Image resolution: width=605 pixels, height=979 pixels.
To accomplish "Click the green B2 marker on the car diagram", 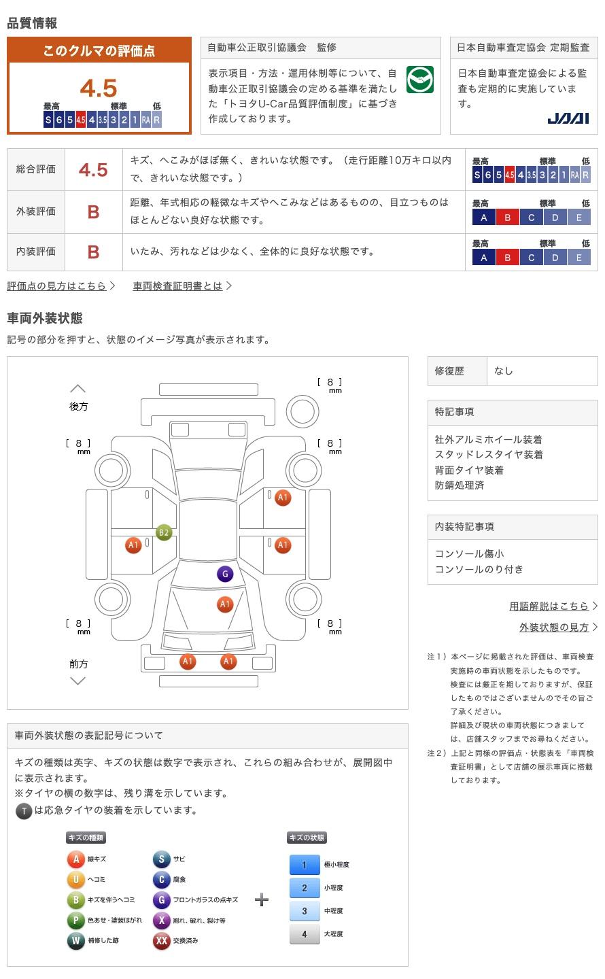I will pyautogui.click(x=163, y=532).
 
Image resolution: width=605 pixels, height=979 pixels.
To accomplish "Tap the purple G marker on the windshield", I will pyautogui.click(x=225, y=574).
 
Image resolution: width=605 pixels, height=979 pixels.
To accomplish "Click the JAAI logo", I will pyautogui.click(x=568, y=118).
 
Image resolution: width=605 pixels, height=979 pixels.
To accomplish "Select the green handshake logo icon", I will pyautogui.click(x=419, y=80).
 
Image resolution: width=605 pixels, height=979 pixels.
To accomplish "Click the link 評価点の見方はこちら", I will pyautogui.click(x=57, y=286).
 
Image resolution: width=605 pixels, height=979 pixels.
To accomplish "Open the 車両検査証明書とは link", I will pyautogui.click(x=178, y=286).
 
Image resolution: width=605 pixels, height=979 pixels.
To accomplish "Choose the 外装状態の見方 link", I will pyautogui.click(x=554, y=627).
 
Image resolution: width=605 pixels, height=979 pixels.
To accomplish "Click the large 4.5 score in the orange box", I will pyautogui.click(x=99, y=88).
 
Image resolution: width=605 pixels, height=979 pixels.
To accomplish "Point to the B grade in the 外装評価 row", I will pyautogui.click(x=93, y=211).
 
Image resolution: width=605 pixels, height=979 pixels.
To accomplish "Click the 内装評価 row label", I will pyautogui.click(x=36, y=252).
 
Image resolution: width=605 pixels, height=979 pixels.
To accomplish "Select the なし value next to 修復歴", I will pyautogui.click(x=504, y=371).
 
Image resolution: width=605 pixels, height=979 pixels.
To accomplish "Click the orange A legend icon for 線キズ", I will pyautogui.click(x=75, y=859).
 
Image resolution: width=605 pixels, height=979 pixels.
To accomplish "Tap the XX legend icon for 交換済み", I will pyautogui.click(x=161, y=941).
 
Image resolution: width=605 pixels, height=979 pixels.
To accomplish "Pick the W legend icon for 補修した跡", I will pyautogui.click(x=75, y=941).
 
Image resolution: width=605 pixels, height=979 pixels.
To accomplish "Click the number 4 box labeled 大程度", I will pyautogui.click(x=304, y=934).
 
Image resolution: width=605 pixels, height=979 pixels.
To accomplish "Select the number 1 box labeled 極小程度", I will pyautogui.click(x=304, y=865).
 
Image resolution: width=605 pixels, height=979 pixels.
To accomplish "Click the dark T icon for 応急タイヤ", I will pyautogui.click(x=24, y=810).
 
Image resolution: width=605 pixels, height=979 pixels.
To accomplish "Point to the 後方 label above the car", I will pyautogui.click(x=78, y=406).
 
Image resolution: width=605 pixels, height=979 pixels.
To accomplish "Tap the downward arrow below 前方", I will pyautogui.click(x=78, y=681).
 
